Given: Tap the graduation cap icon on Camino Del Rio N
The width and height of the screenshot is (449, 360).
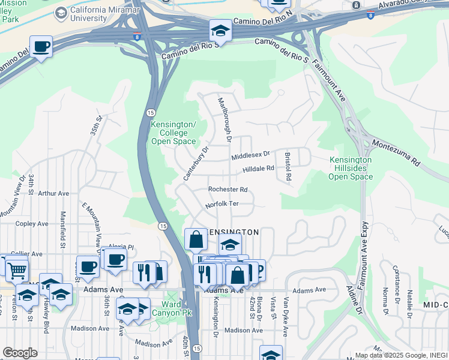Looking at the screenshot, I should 220,31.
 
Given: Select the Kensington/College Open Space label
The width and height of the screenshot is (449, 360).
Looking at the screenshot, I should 173,133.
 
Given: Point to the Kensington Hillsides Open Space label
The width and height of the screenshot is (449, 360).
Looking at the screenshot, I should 351,168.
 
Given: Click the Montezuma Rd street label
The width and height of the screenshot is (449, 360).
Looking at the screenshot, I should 397,152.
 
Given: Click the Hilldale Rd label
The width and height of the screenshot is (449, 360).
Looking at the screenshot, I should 258,170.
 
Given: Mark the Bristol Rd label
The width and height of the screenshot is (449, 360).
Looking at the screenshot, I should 288,166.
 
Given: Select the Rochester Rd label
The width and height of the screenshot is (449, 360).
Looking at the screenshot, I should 228,189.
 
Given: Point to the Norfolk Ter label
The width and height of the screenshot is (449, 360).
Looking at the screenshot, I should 221,204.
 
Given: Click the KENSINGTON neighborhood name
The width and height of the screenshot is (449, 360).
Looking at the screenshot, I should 234,232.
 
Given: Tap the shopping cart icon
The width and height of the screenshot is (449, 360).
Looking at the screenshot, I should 17,271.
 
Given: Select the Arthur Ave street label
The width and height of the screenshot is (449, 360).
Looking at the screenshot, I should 53,194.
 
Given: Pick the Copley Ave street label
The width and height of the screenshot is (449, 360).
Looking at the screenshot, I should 31,224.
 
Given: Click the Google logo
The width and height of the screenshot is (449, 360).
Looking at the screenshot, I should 20,352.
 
